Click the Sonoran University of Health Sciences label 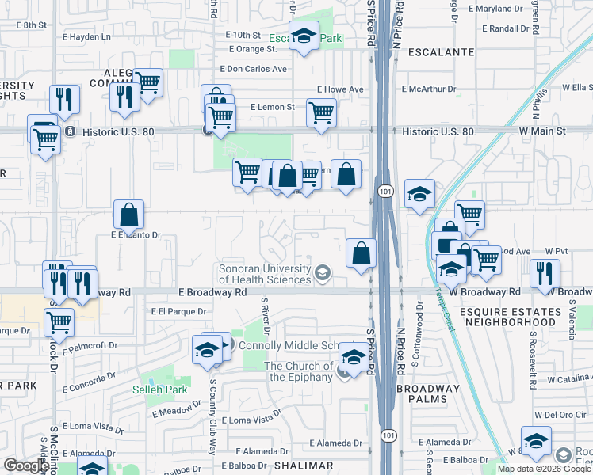264,274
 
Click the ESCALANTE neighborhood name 441,52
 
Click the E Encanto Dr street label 136,235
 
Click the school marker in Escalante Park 303,36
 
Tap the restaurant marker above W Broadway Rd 544,273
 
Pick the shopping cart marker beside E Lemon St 320,113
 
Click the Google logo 26,465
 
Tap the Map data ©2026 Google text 544,469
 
